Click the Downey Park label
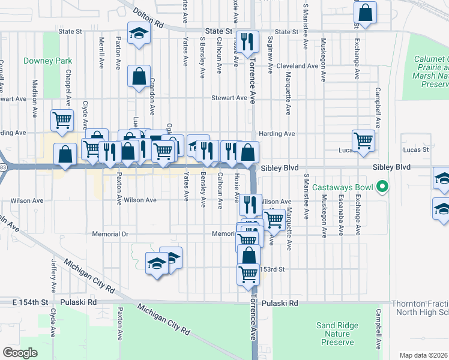[48, 61]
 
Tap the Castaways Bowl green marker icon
[381, 188]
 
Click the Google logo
[20, 353]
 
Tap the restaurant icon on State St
[247, 41]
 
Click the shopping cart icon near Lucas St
[364, 140]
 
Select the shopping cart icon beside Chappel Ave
[62, 120]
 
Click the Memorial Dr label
[110, 233]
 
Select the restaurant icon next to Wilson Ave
[251, 204]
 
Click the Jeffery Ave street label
[53, 272]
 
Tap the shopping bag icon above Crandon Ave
[139, 77]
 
